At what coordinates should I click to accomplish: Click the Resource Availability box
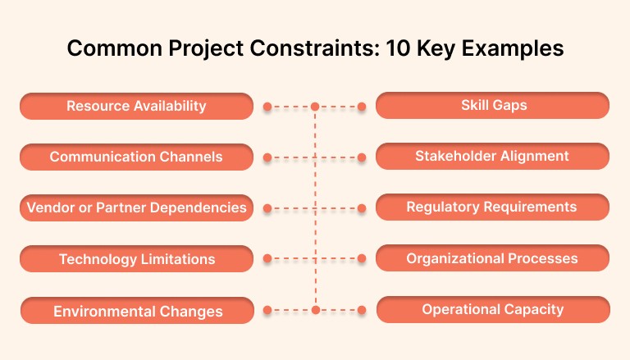click(136, 106)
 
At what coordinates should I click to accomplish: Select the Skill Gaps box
click(492, 106)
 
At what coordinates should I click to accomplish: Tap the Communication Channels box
click(136, 157)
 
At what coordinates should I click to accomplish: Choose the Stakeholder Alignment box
click(492, 156)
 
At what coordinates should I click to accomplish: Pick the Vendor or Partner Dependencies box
click(136, 207)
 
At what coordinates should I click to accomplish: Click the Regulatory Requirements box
click(492, 207)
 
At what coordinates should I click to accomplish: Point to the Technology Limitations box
click(136, 259)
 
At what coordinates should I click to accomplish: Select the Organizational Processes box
click(492, 258)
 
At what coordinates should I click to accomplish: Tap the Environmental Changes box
click(138, 311)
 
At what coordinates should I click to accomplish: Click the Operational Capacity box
click(493, 310)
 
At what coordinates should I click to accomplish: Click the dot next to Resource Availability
click(267, 107)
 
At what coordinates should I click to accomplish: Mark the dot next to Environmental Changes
click(267, 311)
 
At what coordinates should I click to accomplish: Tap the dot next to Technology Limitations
click(267, 259)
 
